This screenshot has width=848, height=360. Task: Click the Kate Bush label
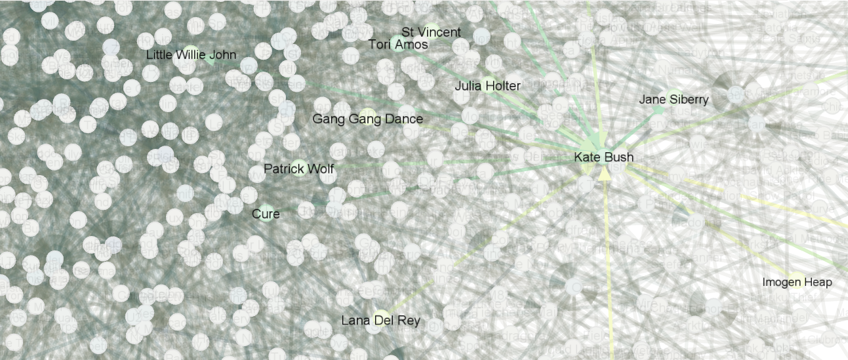[603, 157]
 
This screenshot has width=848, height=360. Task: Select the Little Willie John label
[191, 55]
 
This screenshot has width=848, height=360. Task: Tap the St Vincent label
[431, 32]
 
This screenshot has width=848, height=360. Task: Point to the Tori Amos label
[398, 45]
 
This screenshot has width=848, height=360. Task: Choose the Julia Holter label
[487, 86]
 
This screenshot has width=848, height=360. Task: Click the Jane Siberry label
[674, 100]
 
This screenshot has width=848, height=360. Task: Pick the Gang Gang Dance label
[367, 119]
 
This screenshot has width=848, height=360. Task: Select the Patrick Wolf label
[298, 169]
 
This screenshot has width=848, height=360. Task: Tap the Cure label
[266, 214]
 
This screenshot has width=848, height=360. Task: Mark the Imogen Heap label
[797, 283]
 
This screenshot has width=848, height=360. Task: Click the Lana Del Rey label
[380, 321]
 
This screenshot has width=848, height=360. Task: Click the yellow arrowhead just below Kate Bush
[605, 172]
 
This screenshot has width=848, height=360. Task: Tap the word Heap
[819, 283]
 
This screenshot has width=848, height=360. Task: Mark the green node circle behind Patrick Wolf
[300, 169]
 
